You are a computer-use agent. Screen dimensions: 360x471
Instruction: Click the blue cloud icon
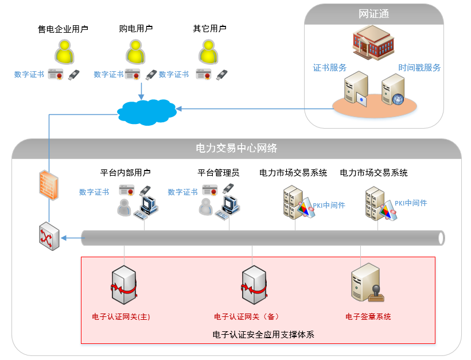click(146, 110)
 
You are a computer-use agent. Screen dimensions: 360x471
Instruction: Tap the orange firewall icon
click(49, 184)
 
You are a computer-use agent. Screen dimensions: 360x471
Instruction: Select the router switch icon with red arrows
click(48, 237)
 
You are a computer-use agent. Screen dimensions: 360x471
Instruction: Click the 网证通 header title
click(373, 14)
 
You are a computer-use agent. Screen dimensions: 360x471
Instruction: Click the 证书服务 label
click(329, 68)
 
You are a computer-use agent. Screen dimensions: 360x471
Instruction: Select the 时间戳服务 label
click(419, 68)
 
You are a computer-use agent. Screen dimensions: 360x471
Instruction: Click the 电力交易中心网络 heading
click(236, 148)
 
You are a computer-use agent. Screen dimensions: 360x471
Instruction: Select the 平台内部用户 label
click(125, 172)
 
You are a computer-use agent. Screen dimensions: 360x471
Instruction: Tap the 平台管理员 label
click(218, 172)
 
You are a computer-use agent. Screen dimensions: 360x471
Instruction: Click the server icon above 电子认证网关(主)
click(124, 285)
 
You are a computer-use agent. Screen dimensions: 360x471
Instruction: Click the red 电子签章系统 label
click(368, 316)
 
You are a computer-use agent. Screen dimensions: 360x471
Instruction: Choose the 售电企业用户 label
click(63, 28)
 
